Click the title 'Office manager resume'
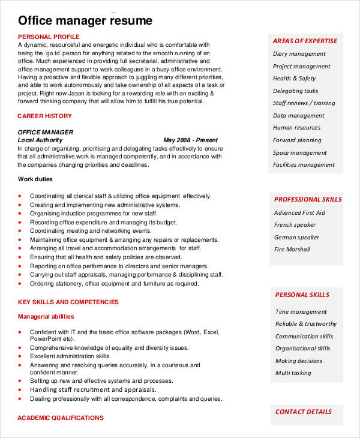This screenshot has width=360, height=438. point(85,21)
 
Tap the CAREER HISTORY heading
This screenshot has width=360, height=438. point(44,116)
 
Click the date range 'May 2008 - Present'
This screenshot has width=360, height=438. point(191,140)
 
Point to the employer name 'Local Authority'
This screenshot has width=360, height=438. point(40,140)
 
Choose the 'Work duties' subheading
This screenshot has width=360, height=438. point(35,179)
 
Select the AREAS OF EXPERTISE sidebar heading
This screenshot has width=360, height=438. point(305,41)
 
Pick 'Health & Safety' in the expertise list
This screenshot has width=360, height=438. point(294,79)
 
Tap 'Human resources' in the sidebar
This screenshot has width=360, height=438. point(296,128)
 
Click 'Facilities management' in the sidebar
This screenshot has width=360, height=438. point(304,165)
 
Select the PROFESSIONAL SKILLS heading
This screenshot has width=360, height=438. point(308,199)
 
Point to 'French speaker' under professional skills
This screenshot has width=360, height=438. point(295,225)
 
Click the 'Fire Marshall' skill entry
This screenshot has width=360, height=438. point(292,250)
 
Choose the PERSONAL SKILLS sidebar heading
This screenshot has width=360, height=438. point(302,295)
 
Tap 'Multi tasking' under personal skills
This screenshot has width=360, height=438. point(293,373)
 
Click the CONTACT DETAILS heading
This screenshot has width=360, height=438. point(303,412)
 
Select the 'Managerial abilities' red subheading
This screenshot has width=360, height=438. point(46,316)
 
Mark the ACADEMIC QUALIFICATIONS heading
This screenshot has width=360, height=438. point(60,418)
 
